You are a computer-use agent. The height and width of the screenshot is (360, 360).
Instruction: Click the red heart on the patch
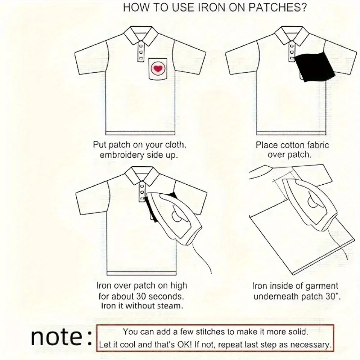point(157,68)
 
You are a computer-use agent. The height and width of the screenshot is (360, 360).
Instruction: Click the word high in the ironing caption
point(178,286)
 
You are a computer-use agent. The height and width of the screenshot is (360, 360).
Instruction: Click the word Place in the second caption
point(266,145)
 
